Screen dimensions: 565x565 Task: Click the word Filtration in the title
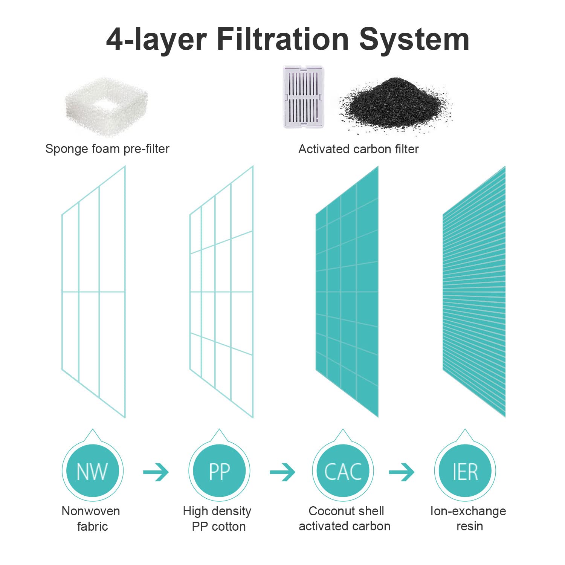pos(282,39)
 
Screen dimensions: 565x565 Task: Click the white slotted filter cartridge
pos(304,97)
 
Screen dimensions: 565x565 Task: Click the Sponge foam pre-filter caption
pos(107,149)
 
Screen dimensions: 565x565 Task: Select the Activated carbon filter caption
pos(358,149)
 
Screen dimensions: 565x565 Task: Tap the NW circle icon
pos(93,467)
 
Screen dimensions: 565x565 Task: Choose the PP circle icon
pos(219,467)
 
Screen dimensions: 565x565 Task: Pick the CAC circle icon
pos(343,467)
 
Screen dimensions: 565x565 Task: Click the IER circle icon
pos(465,467)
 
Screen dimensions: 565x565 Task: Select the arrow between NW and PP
pos(156,472)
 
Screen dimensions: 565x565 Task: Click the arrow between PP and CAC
pos(282,472)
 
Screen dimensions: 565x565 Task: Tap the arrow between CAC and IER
pos(402,472)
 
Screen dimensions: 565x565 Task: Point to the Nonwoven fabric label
pos(91,519)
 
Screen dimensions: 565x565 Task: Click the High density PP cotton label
pos(217,519)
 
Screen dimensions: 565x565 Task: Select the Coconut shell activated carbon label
pos(345,519)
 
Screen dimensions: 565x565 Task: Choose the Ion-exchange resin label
pos(468,519)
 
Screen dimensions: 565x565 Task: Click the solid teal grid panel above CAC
pos(347,292)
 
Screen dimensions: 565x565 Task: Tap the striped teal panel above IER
pos(474,292)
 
